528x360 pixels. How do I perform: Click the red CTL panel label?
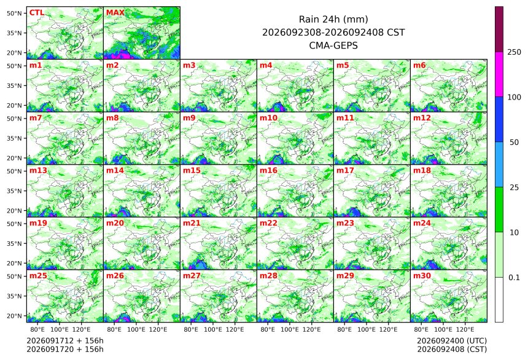[x=37, y=13]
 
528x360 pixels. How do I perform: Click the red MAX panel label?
[x=115, y=13]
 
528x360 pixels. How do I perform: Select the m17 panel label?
[x=345, y=171]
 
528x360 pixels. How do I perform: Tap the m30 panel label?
[x=422, y=276]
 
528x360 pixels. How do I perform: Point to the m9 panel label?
[x=189, y=118]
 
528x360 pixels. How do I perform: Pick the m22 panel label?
[x=268, y=223]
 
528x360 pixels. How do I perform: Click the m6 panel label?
[x=419, y=65]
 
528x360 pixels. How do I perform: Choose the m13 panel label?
[x=38, y=171]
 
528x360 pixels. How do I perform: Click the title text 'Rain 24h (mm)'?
[x=333, y=19]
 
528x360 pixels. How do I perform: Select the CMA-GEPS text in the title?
[x=333, y=45]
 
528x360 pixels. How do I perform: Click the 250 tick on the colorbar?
[x=514, y=52]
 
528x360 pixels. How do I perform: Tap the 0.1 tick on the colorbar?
[x=514, y=278]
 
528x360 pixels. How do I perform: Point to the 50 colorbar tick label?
[x=514, y=143]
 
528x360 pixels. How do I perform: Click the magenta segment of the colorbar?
[x=499, y=74]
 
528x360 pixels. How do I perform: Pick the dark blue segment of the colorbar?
[x=499, y=120]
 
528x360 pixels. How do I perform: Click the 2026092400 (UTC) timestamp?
[x=452, y=341]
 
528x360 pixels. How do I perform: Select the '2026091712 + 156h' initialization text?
[x=65, y=341]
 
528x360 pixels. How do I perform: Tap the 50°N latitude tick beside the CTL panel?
[x=14, y=13]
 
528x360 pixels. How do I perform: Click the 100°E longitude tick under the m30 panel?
[x=443, y=329]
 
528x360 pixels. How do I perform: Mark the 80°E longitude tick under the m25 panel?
[x=37, y=329]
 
